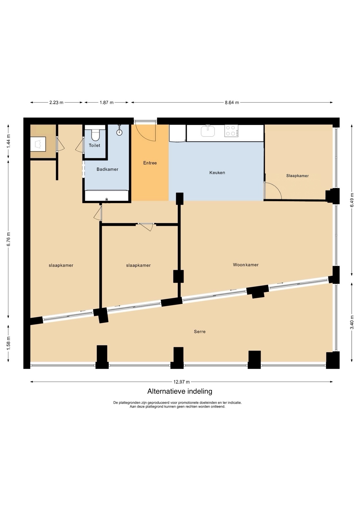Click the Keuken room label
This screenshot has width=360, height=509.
coord(217,173)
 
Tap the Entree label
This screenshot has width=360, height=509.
coord(150,163)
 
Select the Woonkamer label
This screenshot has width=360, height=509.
coord(246,265)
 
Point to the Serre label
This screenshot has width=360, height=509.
coord(200,331)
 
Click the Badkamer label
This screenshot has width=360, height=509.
coord(107,169)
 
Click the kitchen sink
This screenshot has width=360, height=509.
coord(208,131)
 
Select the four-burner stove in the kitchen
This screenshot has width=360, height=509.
coord(231,131)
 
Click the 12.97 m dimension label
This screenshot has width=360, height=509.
coord(182,382)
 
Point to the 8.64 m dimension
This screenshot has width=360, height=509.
coord(232,103)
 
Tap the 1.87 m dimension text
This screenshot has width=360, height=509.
coord(107,103)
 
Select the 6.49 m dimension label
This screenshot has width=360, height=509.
coord(352,200)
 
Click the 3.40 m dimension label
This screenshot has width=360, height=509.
coord(352,322)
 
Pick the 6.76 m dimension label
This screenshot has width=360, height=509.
coord(8,239)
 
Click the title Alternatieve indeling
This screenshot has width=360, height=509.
coord(180,391)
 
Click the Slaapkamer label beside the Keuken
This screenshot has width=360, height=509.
coord(297,175)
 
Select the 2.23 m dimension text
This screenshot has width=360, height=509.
coord(56,103)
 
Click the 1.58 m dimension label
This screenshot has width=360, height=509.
coord(8,343)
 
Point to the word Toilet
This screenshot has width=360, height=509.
coord(94,145)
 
